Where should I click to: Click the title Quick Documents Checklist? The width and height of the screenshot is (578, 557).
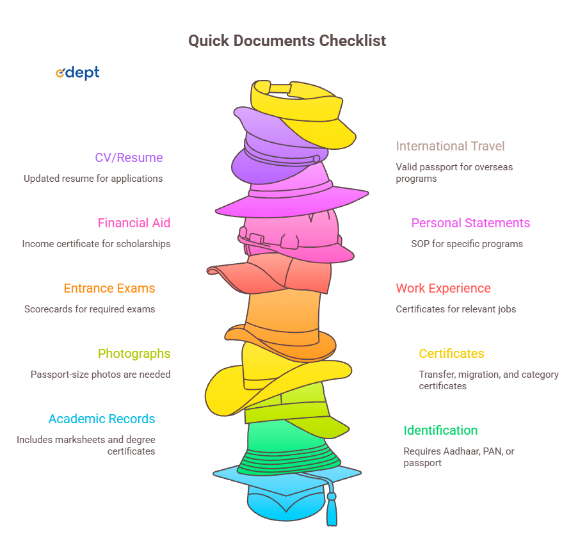pyautogui.click(x=287, y=41)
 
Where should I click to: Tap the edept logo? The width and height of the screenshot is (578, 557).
pyautogui.click(x=77, y=73)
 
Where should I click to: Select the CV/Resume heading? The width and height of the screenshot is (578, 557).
pyautogui.click(x=129, y=157)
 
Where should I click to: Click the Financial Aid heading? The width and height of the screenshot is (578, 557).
pyautogui.click(x=134, y=223)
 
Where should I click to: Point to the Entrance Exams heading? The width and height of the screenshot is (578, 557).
pyautogui.click(x=109, y=288)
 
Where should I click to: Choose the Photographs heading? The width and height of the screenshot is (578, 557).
pyautogui.click(x=134, y=353)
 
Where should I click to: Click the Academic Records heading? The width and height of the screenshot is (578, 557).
pyautogui.click(x=102, y=419)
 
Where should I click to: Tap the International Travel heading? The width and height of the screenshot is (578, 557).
pyautogui.click(x=450, y=146)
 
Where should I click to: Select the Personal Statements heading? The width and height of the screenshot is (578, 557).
pyautogui.click(x=470, y=223)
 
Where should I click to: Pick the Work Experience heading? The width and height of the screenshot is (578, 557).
pyautogui.click(x=443, y=288)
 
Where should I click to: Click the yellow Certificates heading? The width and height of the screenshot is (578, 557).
pyautogui.click(x=451, y=353)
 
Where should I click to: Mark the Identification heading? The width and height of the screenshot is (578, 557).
pyautogui.click(x=440, y=430)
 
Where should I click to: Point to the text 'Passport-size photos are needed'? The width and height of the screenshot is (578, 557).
pyautogui.click(x=100, y=374)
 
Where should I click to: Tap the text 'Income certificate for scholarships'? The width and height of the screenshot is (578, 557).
pyautogui.click(x=96, y=243)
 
